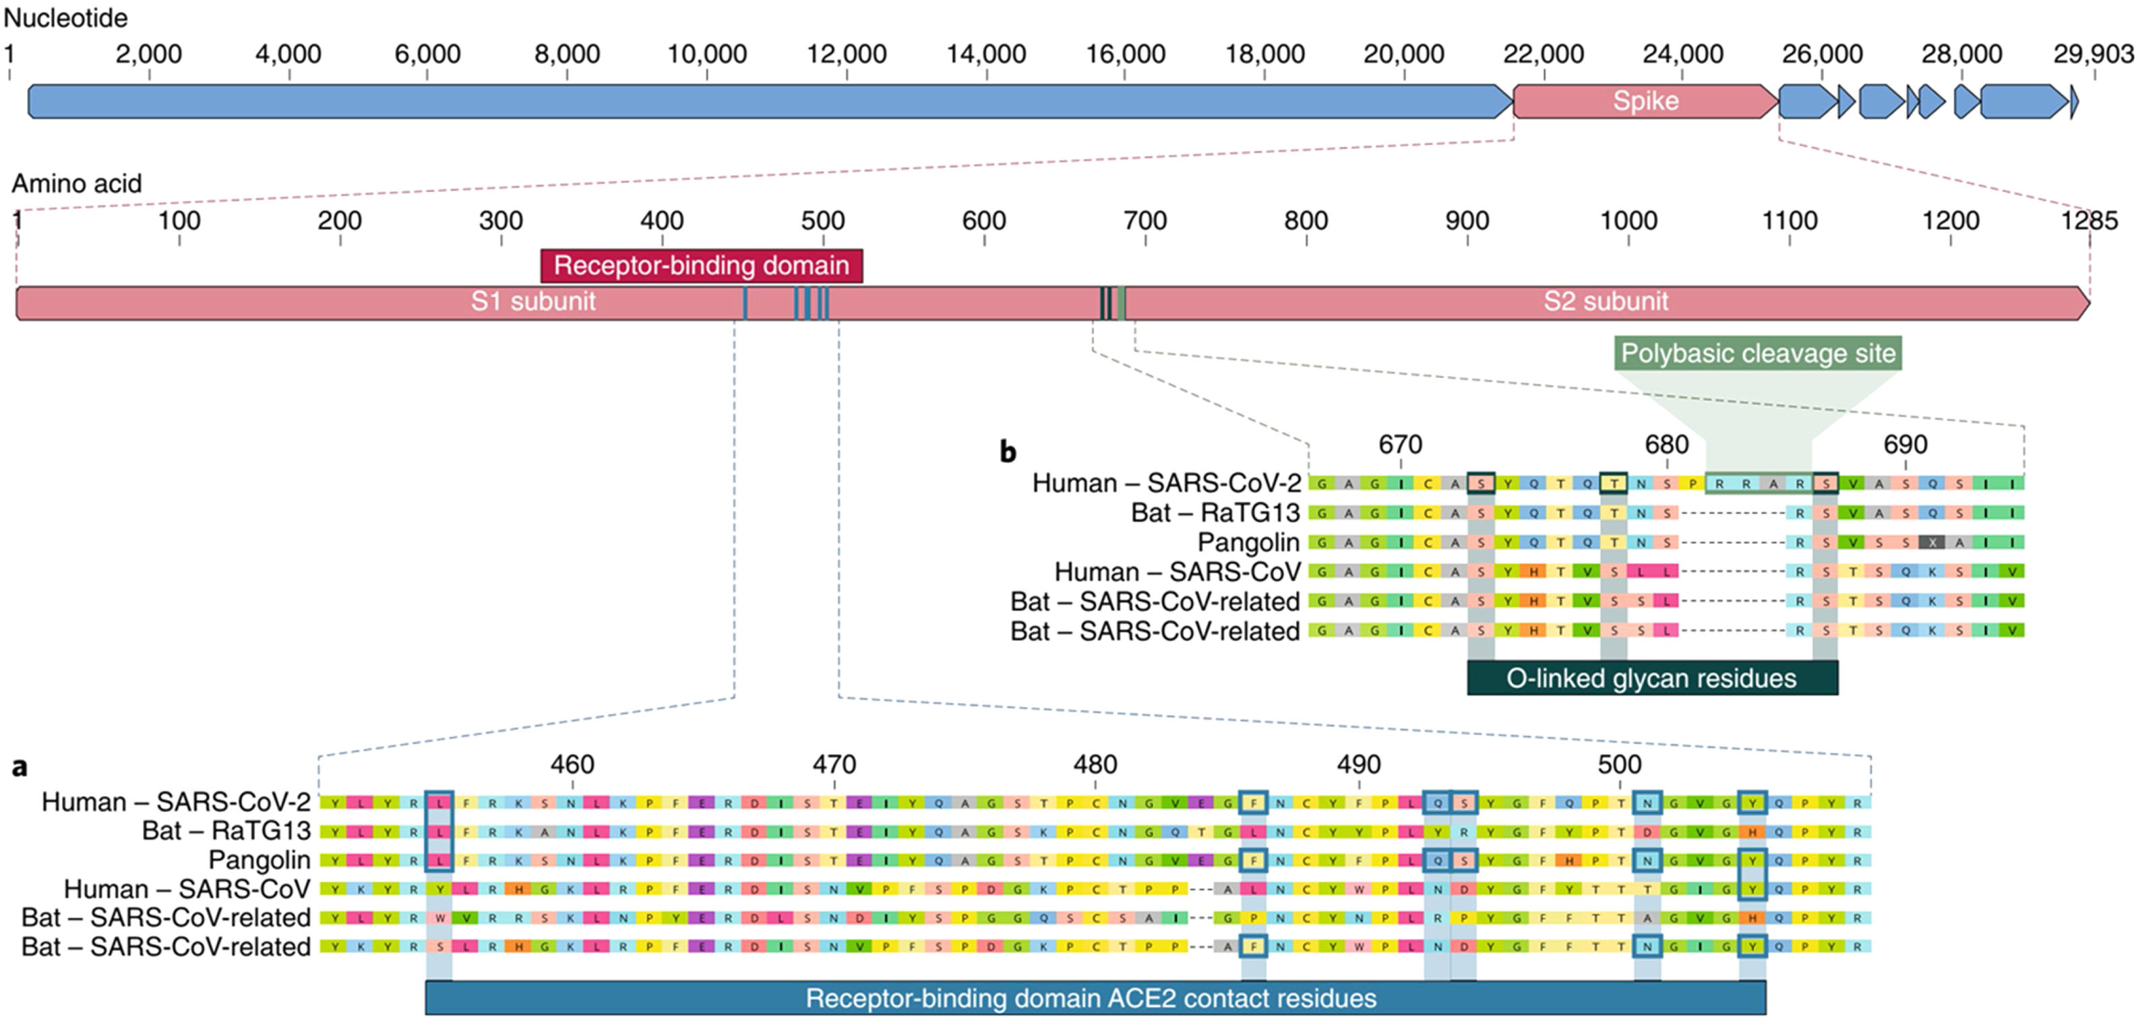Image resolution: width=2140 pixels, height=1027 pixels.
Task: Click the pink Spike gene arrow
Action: (x=1645, y=101)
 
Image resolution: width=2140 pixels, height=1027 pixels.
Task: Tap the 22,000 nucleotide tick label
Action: (x=1543, y=54)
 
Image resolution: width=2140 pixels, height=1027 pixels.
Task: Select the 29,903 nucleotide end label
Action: (x=2093, y=54)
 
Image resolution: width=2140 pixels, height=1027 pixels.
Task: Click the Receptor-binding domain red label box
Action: (x=701, y=266)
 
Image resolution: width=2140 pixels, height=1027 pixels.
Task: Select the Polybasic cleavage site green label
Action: (x=1758, y=354)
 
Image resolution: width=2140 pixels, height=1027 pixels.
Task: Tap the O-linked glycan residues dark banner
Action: (x=1651, y=679)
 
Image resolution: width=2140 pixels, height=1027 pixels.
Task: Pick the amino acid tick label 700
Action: (x=1144, y=221)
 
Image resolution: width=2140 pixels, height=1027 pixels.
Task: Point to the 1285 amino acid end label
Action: (x=2089, y=221)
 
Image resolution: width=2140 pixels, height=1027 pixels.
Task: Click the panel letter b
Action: (x=1008, y=452)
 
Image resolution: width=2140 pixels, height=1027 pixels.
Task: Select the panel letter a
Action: (x=19, y=767)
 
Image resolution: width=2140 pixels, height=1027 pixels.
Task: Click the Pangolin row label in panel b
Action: (x=1248, y=542)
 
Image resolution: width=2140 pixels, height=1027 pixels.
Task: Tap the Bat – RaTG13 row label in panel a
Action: (x=226, y=831)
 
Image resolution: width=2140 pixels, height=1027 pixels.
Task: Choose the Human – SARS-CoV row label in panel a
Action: (x=187, y=889)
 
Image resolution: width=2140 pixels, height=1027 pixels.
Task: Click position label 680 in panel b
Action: (x=1666, y=445)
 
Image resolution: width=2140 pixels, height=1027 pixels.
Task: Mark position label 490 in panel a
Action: (x=1358, y=764)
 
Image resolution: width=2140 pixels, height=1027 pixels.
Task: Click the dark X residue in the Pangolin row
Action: (x=1932, y=542)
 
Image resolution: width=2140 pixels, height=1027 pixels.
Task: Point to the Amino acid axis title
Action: (x=76, y=183)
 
